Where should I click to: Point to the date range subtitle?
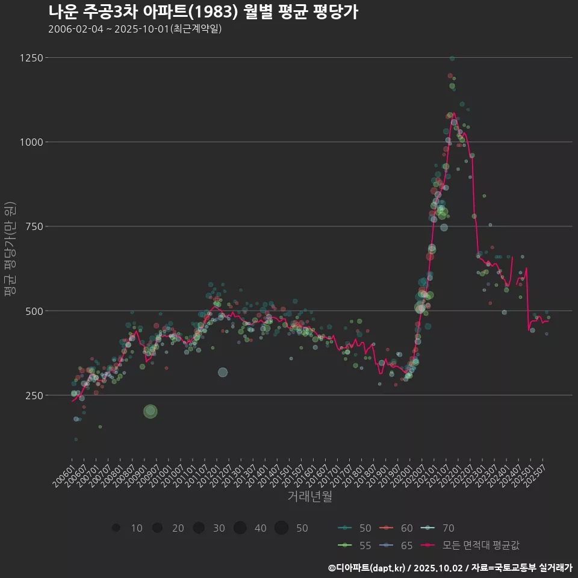(x=135, y=29)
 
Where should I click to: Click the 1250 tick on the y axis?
(x=31, y=58)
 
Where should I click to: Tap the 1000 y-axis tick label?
(x=31, y=142)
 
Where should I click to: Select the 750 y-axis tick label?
(x=34, y=226)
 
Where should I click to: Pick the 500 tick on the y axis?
(x=34, y=311)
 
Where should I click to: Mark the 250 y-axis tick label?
(x=34, y=396)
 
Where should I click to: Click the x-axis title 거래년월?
(x=309, y=497)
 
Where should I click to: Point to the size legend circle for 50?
(x=281, y=528)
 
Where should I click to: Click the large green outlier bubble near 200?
(x=151, y=411)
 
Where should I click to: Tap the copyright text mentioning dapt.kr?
(x=450, y=567)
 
